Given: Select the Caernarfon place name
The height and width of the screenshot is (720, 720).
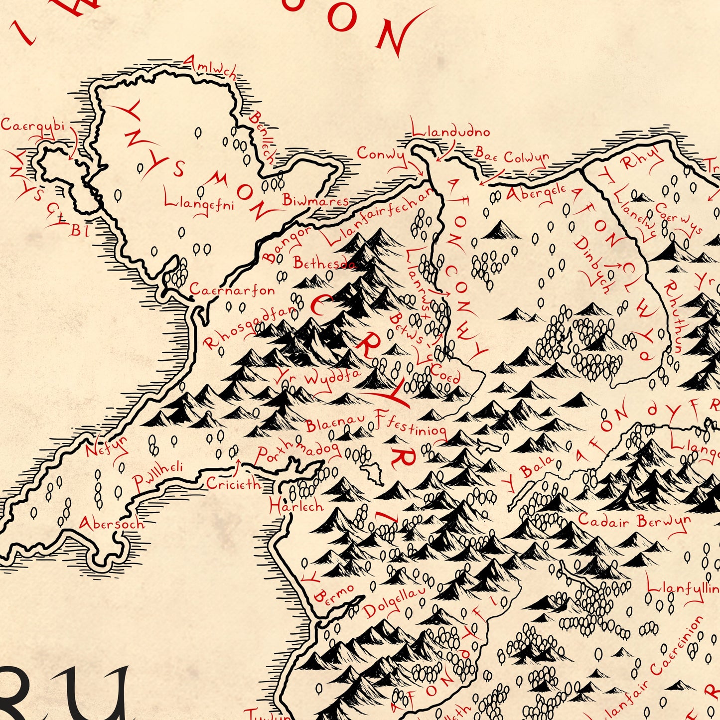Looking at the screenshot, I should point(232,290).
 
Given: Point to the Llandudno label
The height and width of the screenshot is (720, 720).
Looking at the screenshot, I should point(451,132).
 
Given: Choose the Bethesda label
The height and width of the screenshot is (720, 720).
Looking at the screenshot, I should point(324,263).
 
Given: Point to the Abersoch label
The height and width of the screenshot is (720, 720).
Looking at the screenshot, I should point(112,524).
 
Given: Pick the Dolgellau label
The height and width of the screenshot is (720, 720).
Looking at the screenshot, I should point(395,601).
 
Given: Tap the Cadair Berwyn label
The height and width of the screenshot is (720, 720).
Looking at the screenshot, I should point(634,521).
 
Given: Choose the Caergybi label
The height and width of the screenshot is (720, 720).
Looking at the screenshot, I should point(33,125).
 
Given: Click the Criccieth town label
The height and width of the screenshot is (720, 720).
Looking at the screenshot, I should point(233,483).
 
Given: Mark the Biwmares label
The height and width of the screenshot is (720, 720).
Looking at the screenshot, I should point(315,200).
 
